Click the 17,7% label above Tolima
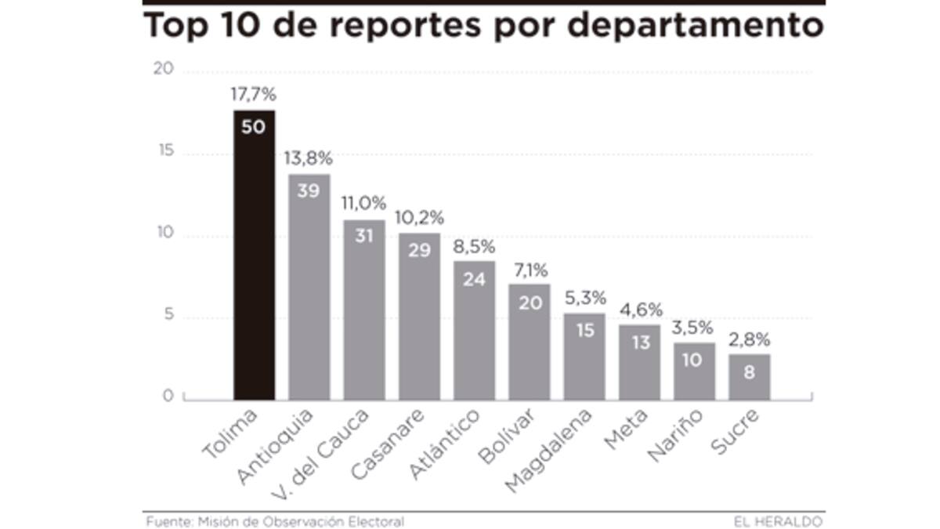point(253,95)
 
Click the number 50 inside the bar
point(253,126)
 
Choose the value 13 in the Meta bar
point(639,342)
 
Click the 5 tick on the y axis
point(167,318)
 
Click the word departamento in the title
point(696,26)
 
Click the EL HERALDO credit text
point(779,521)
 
